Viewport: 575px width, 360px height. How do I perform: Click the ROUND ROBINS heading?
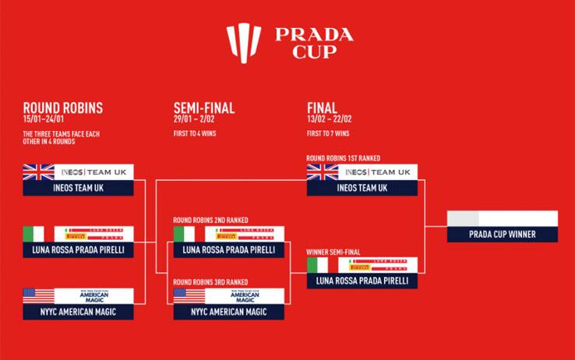pos(62,108)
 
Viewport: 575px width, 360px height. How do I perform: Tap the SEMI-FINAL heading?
pos(203,108)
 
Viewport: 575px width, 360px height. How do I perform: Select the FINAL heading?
pos(322,108)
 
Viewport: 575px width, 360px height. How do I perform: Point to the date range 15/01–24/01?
pos(49,119)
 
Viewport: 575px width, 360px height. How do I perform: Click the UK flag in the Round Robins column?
pos(38,172)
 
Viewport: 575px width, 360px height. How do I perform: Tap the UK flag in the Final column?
pos(322,172)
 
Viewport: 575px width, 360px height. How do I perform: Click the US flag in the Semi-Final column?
pos(189,296)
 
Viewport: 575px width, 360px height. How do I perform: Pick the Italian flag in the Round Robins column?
pos(34,234)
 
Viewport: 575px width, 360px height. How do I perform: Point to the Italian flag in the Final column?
pos(317,265)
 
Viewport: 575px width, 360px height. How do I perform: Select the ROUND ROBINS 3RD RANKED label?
pos(210,282)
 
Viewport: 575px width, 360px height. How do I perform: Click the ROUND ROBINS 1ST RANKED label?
pos(344,158)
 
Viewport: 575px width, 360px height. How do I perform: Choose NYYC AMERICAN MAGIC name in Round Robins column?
pos(78,312)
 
